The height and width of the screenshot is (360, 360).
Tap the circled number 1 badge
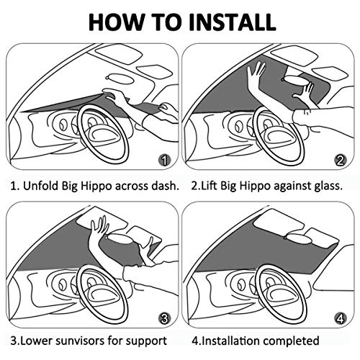pyautogui.click(x=165, y=160)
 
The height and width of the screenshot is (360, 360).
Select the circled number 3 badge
pyautogui.click(x=165, y=318)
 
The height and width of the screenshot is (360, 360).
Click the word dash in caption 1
pyautogui.click(x=163, y=185)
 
